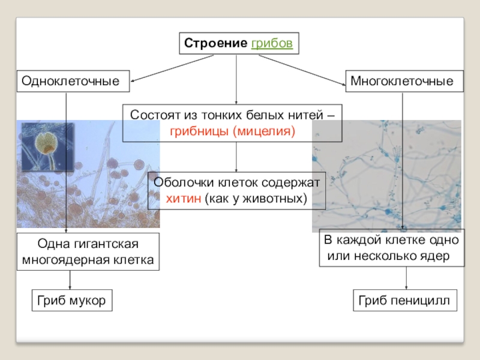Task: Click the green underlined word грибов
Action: [272, 44]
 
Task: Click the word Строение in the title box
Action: [215, 44]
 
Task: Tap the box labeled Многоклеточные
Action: [404, 80]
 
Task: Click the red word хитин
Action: [184, 197]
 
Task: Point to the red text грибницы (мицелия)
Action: [232, 130]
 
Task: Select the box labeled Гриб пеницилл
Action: [404, 300]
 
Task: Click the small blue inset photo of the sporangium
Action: [47, 147]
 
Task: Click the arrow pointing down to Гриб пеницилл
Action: [407, 278]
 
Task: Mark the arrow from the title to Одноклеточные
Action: [172, 68]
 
